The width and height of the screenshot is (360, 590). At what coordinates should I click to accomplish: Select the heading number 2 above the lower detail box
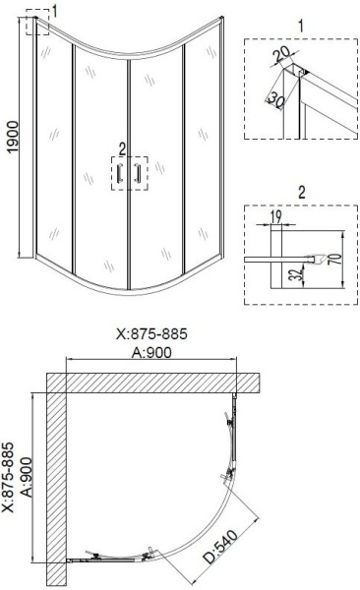300,190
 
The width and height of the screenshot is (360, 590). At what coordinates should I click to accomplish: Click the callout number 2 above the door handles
122,148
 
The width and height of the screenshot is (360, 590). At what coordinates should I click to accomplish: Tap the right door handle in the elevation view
138,174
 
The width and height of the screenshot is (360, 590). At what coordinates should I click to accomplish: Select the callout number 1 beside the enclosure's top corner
55,11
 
